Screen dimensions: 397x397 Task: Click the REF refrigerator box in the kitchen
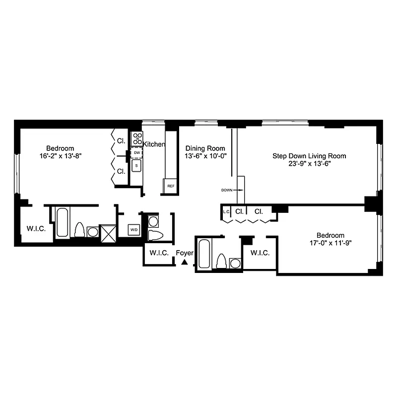(x=170, y=186)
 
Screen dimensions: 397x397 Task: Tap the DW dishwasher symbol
(x=137, y=152)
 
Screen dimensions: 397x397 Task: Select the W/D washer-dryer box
(x=133, y=230)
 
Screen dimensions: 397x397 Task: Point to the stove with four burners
(x=137, y=138)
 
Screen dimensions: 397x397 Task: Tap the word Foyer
(x=185, y=253)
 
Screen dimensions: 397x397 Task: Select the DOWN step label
(x=227, y=190)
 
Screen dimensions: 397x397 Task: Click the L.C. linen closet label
(x=226, y=212)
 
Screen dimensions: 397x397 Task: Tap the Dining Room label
(x=205, y=148)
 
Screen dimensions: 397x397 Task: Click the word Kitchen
(x=154, y=144)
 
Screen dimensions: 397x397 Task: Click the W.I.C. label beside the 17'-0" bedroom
(x=260, y=253)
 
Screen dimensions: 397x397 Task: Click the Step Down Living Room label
(x=309, y=156)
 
